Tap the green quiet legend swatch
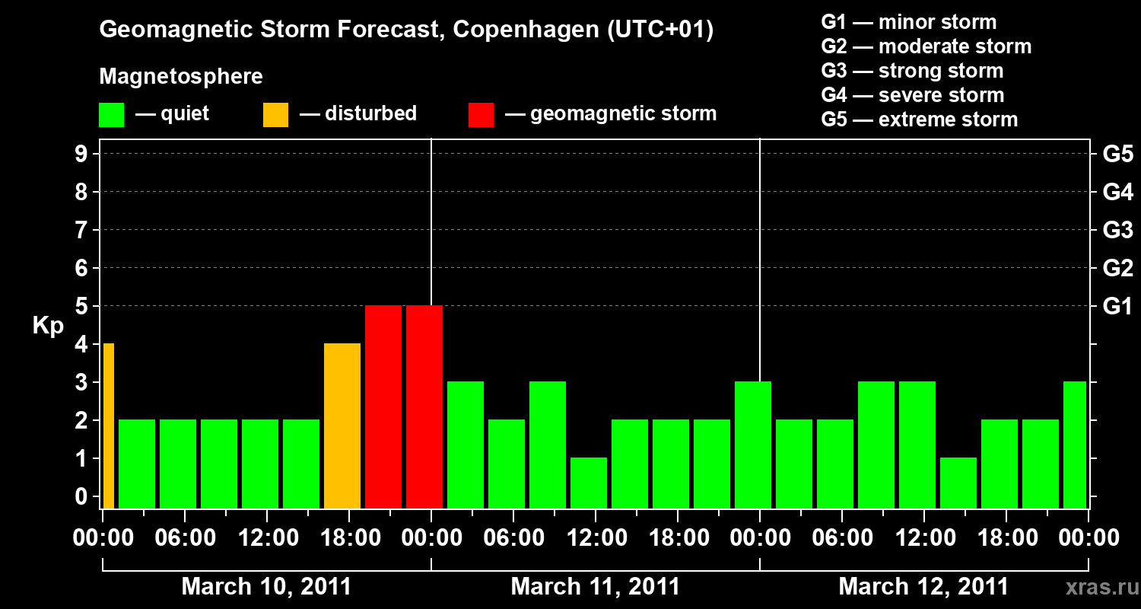pyautogui.click(x=111, y=114)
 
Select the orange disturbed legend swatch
pyautogui.click(x=275, y=114)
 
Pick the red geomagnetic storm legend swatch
pyautogui.click(x=481, y=114)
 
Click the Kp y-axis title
pyautogui.click(x=48, y=326)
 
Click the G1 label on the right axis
pyautogui.click(x=1117, y=307)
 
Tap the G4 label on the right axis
pyautogui.click(x=1117, y=193)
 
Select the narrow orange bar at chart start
pyautogui.click(x=109, y=426)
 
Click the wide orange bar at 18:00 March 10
pyautogui.click(x=342, y=426)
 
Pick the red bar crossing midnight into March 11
pyautogui.click(x=424, y=407)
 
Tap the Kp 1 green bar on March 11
pyautogui.click(x=589, y=483)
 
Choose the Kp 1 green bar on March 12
pyautogui.click(x=958, y=483)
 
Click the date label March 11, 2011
pyautogui.click(x=595, y=587)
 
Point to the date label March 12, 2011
pyautogui.click(x=923, y=587)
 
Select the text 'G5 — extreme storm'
pyautogui.click(x=919, y=120)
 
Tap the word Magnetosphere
pyautogui.click(x=181, y=77)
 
